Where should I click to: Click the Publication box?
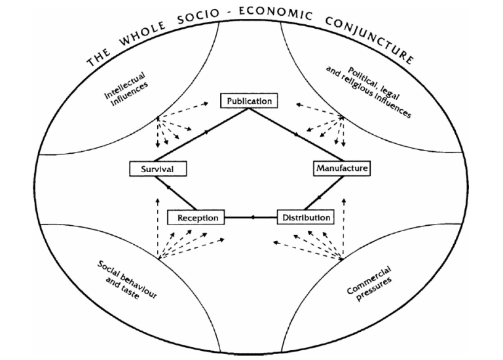249,101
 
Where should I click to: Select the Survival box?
158,169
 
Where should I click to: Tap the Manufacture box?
342,168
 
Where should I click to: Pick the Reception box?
196,217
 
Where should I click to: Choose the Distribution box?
305,217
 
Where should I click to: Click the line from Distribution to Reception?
251,217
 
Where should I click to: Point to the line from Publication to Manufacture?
297,135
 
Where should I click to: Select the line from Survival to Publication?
202,135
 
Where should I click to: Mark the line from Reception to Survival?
176,193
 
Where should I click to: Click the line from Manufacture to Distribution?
324,193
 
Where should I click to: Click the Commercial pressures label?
369,284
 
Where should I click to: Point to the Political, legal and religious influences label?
368,92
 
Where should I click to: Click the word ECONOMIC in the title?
275,14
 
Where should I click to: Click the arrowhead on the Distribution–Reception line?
253,217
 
